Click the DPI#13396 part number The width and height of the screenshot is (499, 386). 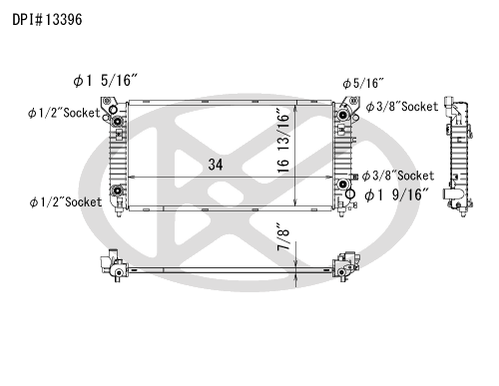[47, 20]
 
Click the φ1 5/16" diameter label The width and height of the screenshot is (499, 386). [105, 81]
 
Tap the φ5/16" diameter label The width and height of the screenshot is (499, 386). [363, 83]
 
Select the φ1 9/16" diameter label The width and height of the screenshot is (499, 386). [396, 194]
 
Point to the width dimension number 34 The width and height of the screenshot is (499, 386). [216, 165]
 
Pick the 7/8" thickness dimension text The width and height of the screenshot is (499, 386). [283, 236]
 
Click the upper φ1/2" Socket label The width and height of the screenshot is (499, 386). [64, 113]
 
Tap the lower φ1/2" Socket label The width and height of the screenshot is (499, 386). [66, 201]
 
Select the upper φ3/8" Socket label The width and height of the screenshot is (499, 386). [402, 107]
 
